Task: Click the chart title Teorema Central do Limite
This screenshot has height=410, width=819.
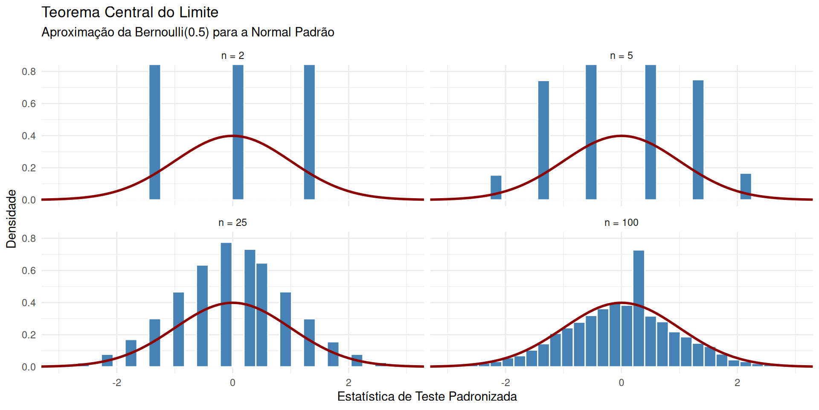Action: [x=130, y=12]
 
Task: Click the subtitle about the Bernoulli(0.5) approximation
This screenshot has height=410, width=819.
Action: [x=188, y=32]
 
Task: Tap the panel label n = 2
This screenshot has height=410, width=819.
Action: [x=232, y=56]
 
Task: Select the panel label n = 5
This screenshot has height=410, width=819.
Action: [x=621, y=56]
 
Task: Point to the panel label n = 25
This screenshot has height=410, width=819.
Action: [x=232, y=223]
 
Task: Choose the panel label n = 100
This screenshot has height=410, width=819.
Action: [x=621, y=223]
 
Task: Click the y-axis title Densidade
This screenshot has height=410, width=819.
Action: [x=12, y=219]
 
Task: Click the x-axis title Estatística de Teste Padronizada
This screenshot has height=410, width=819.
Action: [x=427, y=397]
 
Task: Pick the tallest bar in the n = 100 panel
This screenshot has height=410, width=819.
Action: [x=639, y=307]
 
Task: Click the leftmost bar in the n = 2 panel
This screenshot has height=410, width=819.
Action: [x=155, y=132]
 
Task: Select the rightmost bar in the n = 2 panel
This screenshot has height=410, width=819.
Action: [x=309, y=132]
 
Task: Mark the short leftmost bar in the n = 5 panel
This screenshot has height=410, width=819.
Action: [x=496, y=187]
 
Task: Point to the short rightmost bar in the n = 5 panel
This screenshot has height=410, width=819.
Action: [x=746, y=187]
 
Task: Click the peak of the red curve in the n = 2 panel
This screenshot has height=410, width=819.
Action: [x=232, y=136]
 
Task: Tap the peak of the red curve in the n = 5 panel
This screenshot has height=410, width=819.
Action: [x=621, y=136]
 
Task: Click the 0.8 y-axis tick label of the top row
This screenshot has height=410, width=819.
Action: [x=29, y=72]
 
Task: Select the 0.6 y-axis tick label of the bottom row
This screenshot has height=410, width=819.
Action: [x=29, y=271]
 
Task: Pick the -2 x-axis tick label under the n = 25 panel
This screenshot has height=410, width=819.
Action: [x=116, y=383]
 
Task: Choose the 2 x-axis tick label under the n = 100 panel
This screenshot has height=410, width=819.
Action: [x=737, y=383]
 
